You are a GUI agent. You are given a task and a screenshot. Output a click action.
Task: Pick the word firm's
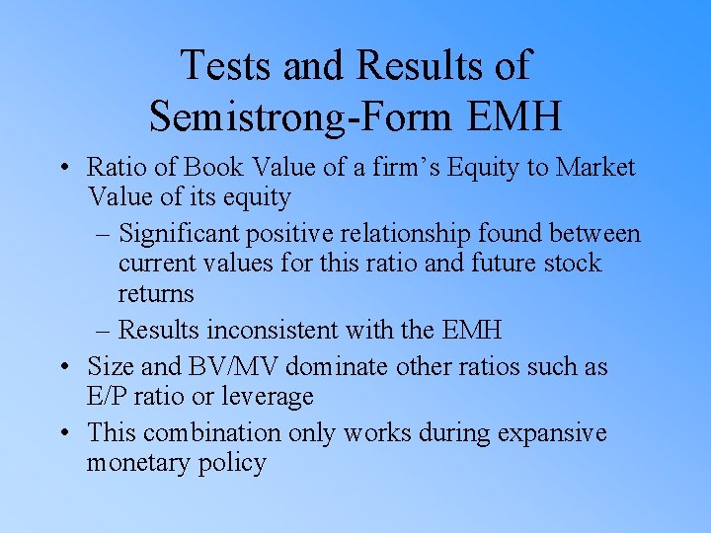click(x=396, y=167)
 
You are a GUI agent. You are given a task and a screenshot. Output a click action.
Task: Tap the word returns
click(x=156, y=293)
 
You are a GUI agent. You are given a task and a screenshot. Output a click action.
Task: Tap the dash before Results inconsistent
click(x=106, y=330)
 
